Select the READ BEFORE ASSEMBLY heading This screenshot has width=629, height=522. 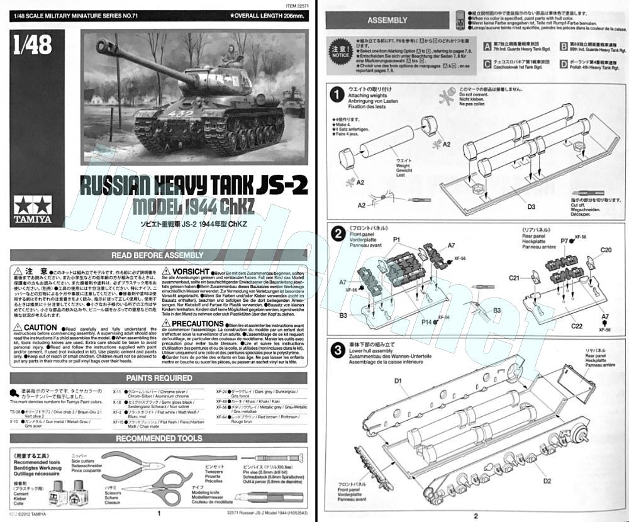click(x=157, y=255)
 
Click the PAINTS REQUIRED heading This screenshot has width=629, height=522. click(x=159, y=378)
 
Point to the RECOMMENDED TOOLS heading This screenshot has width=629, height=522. click(x=159, y=438)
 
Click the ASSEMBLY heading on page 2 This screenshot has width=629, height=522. click(x=387, y=20)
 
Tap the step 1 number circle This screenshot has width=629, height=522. click(x=338, y=94)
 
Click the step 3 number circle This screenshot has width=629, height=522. click(x=338, y=350)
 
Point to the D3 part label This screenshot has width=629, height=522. click(x=513, y=206)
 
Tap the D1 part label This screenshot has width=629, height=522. click(x=398, y=380)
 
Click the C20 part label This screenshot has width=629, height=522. click(x=606, y=250)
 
